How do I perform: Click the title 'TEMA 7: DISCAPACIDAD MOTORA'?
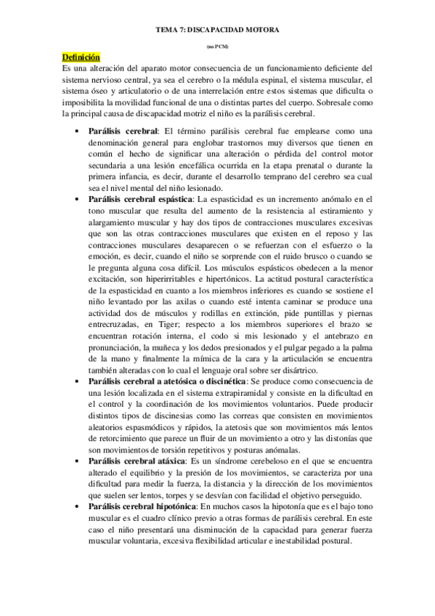(217, 31)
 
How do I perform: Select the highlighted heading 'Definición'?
(81, 57)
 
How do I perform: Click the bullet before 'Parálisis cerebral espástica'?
(78, 198)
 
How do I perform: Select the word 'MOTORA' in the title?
(261, 31)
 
